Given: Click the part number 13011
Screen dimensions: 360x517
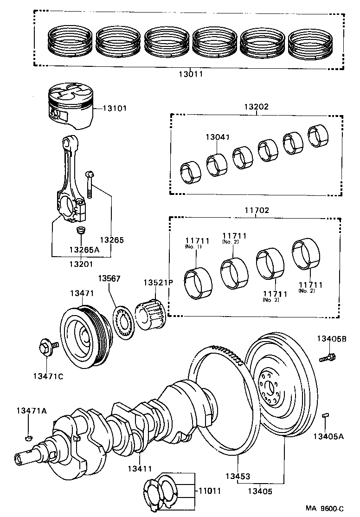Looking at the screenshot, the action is point(191,74).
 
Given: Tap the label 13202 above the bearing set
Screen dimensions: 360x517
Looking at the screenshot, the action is point(257,106).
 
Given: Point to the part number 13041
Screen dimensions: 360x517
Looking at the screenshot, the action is point(218,137).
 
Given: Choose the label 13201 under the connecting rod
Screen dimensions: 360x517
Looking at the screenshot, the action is point(81,264).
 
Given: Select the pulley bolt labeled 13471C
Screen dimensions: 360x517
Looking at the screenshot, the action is point(48,348).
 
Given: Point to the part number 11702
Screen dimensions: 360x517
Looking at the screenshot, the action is point(257,210).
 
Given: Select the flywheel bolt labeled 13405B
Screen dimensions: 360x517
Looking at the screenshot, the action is point(328,357).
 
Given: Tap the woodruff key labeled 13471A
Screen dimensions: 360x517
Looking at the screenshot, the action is point(29,438).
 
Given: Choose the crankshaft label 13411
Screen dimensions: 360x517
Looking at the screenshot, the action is point(140,469).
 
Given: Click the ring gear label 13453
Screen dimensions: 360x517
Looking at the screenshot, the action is point(238,476).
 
